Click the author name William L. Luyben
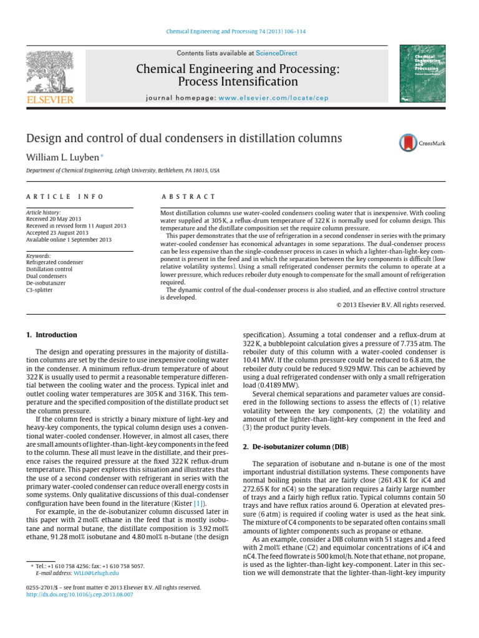coord(61,158)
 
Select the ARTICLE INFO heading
coord(64,196)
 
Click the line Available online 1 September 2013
coord(69,239)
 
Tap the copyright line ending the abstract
coord(387,305)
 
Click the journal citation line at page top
coord(239,31)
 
